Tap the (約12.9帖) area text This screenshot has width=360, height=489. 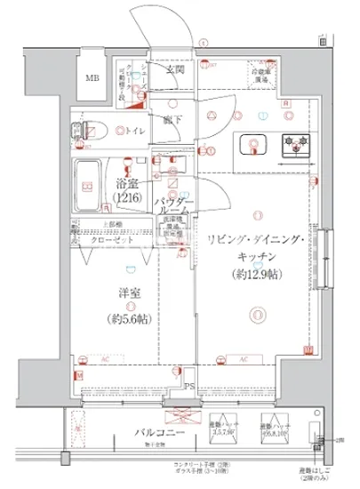[x=257, y=275]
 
